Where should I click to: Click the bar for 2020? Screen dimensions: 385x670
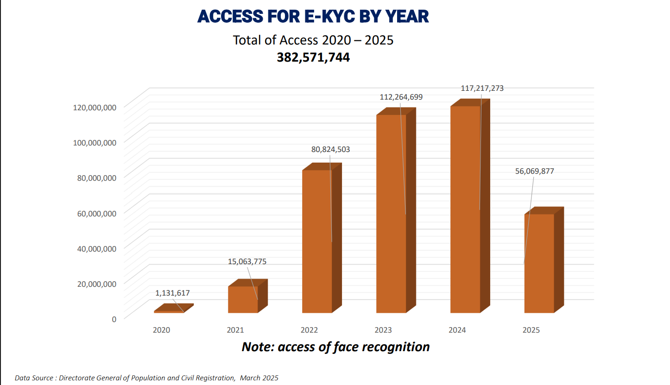[x=169, y=311]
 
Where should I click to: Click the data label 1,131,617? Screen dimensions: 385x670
[x=172, y=293]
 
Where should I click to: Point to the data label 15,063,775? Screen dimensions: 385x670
[x=247, y=261]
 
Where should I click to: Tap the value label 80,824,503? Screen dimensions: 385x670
[x=330, y=149]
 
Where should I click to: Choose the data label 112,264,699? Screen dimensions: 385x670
[x=400, y=97]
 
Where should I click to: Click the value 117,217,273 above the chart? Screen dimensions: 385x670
[x=482, y=88]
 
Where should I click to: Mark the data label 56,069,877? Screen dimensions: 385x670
[x=534, y=171]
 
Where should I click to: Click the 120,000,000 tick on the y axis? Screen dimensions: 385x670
[x=95, y=107]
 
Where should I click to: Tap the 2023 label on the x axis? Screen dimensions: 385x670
[x=383, y=330]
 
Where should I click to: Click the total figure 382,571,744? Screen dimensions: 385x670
[x=313, y=57]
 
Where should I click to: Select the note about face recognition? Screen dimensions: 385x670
[x=335, y=347]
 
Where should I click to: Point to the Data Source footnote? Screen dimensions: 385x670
[x=146, y=378]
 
